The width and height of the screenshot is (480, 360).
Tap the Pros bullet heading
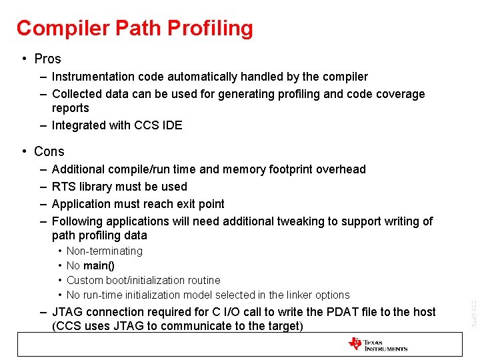pos(47,59)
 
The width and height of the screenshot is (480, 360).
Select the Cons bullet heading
pos(49,151)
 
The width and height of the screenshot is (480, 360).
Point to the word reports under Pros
pos(70,108)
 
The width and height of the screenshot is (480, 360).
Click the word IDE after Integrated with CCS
pos(171,125)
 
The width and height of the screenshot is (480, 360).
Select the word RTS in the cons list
pos(63,187)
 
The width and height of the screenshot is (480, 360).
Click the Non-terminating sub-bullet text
pos(105,251)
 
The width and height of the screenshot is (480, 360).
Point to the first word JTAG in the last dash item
pos(69,312)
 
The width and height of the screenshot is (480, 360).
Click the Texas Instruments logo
pos(377,344)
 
